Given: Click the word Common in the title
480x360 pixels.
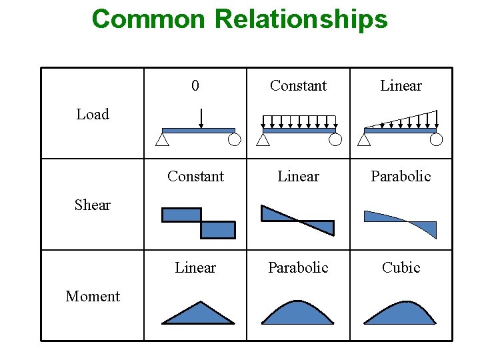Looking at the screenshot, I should point(149,19).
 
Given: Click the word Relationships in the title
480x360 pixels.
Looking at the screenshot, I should point(301,19).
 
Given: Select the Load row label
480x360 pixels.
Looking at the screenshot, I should point(93,114).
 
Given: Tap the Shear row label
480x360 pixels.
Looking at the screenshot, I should point(93,205).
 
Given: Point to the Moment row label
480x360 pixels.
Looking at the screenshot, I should point(93,296).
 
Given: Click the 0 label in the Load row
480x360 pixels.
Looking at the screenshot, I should point(195,85).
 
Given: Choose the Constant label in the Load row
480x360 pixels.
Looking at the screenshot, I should point(298,85).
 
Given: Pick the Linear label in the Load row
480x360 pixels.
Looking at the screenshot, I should point(401,85).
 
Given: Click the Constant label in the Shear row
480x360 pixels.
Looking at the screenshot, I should point(195,176).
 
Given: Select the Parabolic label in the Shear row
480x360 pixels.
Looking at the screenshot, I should point(401,176).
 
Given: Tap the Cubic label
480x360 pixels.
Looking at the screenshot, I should point(401,267).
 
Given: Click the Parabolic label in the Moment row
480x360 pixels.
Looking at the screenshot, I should point(298,267).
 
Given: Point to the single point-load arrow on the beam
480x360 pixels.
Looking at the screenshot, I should point(201,118).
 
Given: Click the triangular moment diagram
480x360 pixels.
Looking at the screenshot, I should point(199,315).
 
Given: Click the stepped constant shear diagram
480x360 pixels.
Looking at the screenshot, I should point(199,223).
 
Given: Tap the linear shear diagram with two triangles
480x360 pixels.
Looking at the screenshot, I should point(297,221).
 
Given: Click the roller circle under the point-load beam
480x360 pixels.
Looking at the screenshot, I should point(234,139).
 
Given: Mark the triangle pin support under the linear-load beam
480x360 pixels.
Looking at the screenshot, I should point(364,139).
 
